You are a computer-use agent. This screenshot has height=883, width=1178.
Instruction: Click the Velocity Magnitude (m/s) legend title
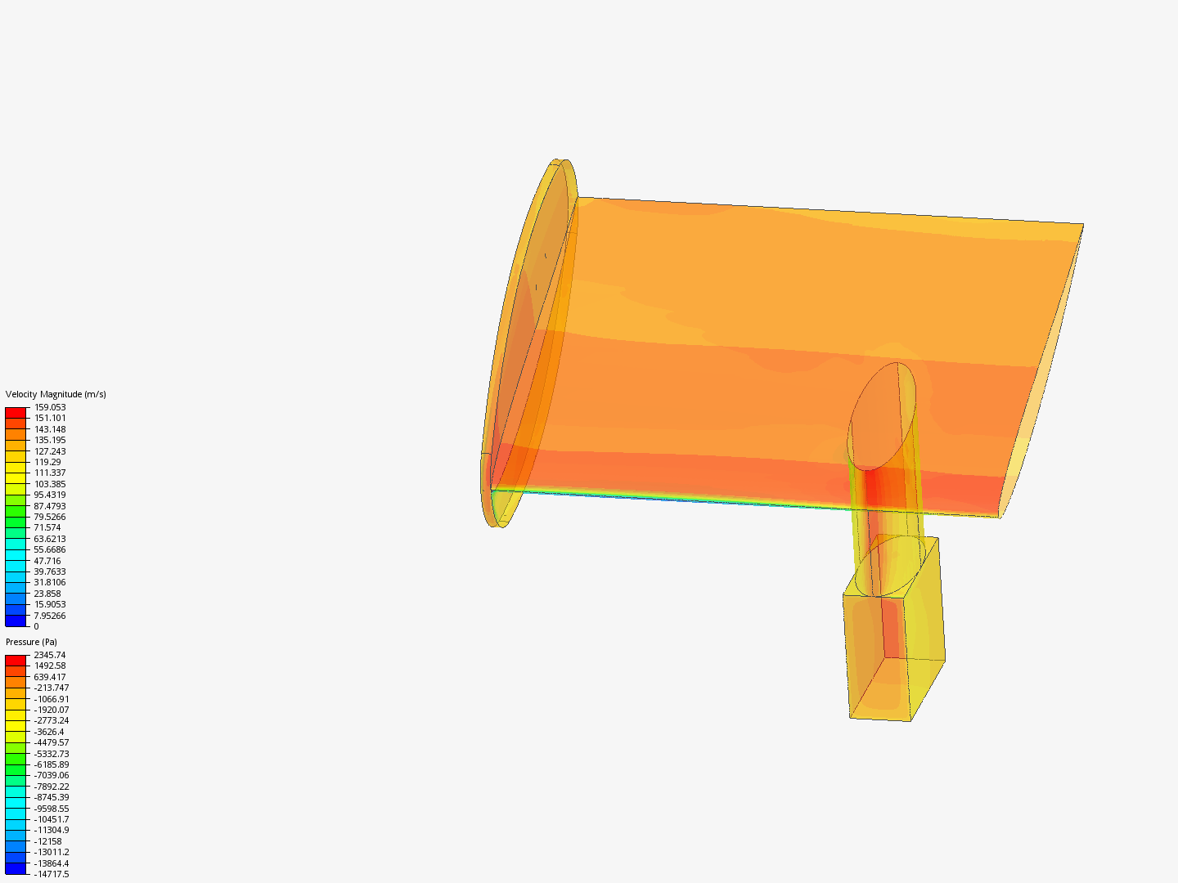tap(56, 394)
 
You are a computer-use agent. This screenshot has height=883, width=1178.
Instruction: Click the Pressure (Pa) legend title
tap(31, 642)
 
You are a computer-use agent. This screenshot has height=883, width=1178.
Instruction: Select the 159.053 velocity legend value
tap(50, 407)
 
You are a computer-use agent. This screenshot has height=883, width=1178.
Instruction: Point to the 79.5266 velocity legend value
tap(50, 517)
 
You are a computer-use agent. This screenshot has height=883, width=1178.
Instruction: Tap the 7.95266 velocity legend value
tap(50, 616)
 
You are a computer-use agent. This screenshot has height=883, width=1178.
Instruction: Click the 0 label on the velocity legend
tap(37, 626)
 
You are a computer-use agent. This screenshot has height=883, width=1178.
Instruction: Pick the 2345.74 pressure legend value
tap(50, 655)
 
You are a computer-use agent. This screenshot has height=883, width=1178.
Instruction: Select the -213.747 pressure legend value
tap(52, 688)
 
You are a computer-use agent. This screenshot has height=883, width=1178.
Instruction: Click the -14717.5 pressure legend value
tap(52, 874)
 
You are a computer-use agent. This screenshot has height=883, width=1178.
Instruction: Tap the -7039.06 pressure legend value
tap(52, 775)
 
